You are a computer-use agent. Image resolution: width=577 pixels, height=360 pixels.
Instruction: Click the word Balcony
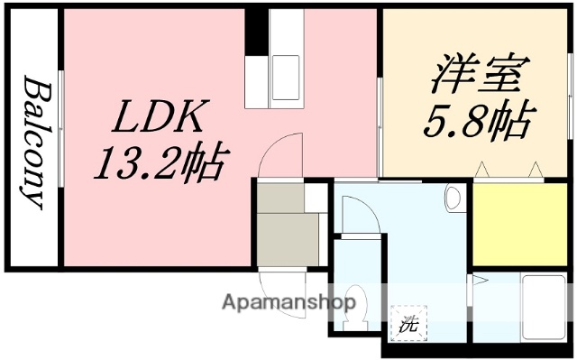pos(33,143)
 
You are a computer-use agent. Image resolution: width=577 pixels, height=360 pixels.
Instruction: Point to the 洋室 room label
pos(474,75)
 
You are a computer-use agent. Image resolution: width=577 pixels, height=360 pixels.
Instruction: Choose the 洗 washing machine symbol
pos(409,324)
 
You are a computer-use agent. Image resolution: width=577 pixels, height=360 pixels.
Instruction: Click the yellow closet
pos(518,223)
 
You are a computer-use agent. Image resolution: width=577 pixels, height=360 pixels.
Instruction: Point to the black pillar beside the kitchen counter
pos(257,31)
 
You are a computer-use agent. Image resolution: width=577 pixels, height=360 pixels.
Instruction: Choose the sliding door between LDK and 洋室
pos(380,126)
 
